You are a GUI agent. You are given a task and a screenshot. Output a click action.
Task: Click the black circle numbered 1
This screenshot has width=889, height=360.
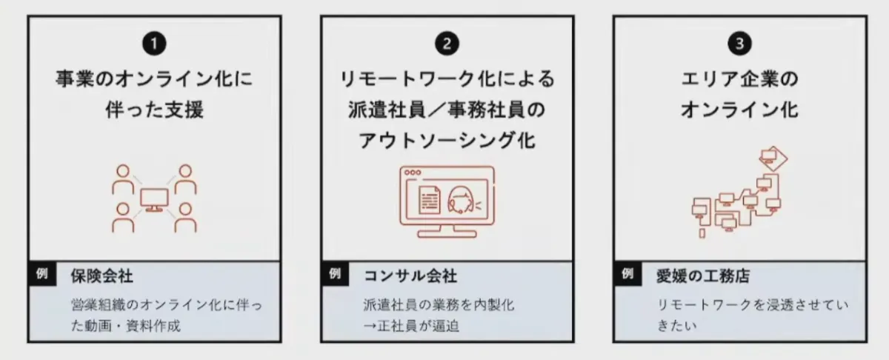coord(154,44)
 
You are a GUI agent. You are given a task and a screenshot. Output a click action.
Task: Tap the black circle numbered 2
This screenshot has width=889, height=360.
coord(447,44)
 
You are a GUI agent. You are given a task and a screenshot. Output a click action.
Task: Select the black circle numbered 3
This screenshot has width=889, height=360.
coord(739,44)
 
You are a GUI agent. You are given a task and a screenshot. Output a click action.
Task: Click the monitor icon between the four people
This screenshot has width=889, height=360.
coord(154,199)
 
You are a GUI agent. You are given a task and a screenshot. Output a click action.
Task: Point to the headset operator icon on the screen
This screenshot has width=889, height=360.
coord(461,201)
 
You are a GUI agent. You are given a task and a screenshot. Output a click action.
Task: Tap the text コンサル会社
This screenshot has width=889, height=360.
coord(410,277)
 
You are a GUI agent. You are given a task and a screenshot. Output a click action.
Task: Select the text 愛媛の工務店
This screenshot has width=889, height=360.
coord(702,277)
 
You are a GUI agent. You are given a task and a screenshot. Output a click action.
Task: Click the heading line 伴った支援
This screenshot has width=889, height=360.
coord(154,110)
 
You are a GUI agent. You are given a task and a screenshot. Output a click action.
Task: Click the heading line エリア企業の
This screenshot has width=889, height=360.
coord(739,79)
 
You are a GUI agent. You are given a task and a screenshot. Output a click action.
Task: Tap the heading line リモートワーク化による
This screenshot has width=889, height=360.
coord(447,79)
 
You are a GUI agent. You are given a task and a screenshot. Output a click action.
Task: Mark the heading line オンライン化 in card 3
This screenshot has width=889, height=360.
coord(739,110)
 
